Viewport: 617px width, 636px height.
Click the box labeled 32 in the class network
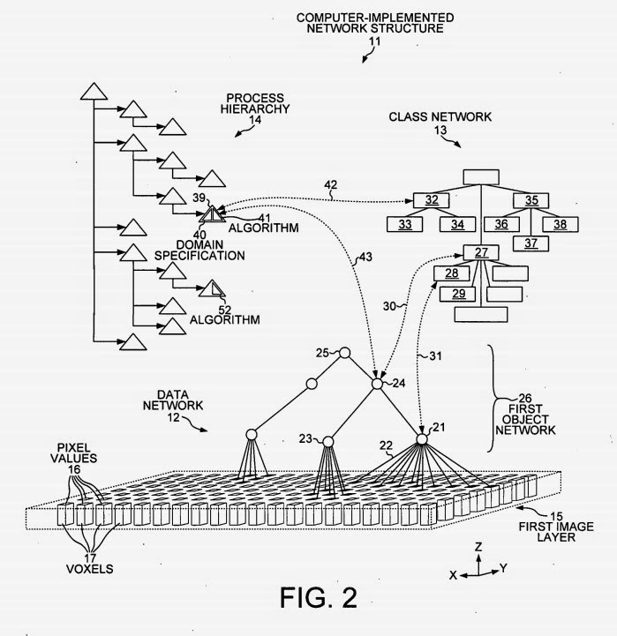(x=432, y=200)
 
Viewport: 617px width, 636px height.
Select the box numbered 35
(x=530, y=200)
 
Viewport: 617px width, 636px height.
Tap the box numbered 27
(x=481, y=254)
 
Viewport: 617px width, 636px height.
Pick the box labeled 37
(x=530, y=243)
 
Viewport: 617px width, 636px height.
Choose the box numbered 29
(x=456, y=293)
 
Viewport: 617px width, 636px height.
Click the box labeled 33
(x=405, y=224)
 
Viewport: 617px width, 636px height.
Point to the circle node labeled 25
(x=345, y=354)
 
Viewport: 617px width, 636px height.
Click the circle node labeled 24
(x=378, y=384)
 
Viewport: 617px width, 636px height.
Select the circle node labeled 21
(x=421, y=438)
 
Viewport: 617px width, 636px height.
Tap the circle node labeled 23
(x=328, y=440)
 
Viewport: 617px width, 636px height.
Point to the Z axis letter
(x=477, y=547)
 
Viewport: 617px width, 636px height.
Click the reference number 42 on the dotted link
(x=331, y=186)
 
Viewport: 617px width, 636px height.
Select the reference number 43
(x=363, y=258)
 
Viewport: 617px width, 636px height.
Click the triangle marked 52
(x=211, y=288)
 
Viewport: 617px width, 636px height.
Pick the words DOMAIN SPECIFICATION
(x=199, y=249)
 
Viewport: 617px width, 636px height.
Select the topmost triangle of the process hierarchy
(x=93, y=91)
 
